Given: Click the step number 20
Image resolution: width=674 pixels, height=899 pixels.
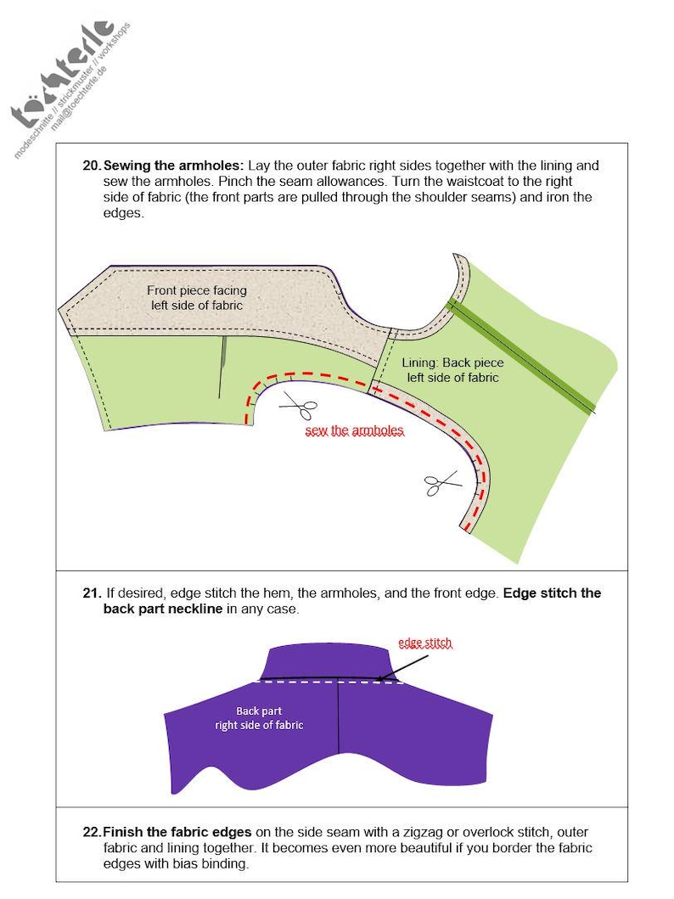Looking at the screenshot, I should (x=91, y=165).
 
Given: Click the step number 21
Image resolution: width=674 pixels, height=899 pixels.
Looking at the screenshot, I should (x=91, y=593).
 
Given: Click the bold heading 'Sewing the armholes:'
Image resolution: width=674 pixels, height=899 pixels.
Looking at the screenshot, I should (x=173, y=165).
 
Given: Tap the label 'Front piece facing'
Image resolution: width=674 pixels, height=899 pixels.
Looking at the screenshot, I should (x=196, y=290).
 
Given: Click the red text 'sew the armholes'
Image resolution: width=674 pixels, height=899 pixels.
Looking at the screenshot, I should (x=354, y=431).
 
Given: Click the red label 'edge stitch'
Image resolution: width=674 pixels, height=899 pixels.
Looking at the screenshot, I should (x=425, y=643).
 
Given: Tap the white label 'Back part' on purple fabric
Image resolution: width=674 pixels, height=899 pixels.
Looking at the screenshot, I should (x=259, y=711).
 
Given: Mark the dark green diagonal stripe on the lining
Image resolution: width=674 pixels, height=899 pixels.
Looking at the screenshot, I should (x=522, y=357).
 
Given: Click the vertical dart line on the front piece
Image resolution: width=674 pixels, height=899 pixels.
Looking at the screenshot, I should (x=222, y=365).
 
